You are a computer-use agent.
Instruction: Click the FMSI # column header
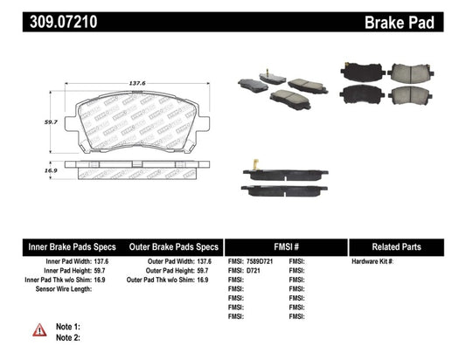pyautogui.click(x=286, y=246)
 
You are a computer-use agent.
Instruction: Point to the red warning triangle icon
pyautogui.click(x=40, y=329)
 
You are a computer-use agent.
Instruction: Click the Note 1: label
pyautogui.click(x=67, y=326)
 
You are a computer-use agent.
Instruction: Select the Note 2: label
pyautogui.click(x=67, y=336)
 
